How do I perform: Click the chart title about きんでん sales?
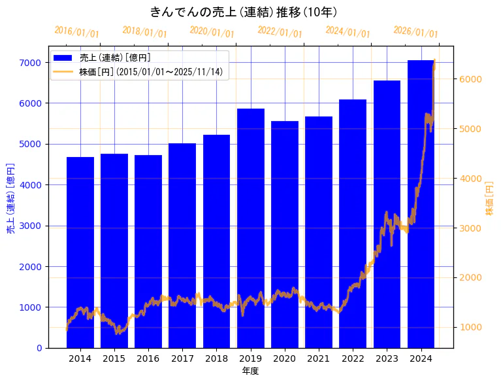coord(243,12)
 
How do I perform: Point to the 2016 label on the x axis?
coord(148,358)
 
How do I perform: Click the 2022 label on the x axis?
coord(353,358)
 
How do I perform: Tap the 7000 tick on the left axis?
coord(30,63)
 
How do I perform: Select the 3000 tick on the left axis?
coord(30,226)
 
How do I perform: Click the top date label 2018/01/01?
coord(145,32)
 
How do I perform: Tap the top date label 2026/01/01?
coord(416,32)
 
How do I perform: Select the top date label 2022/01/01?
coord(280,32)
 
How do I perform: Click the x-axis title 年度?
coord(250,371)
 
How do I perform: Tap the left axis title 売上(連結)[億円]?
coord(10,198)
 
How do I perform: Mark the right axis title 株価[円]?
coord(489,198)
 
